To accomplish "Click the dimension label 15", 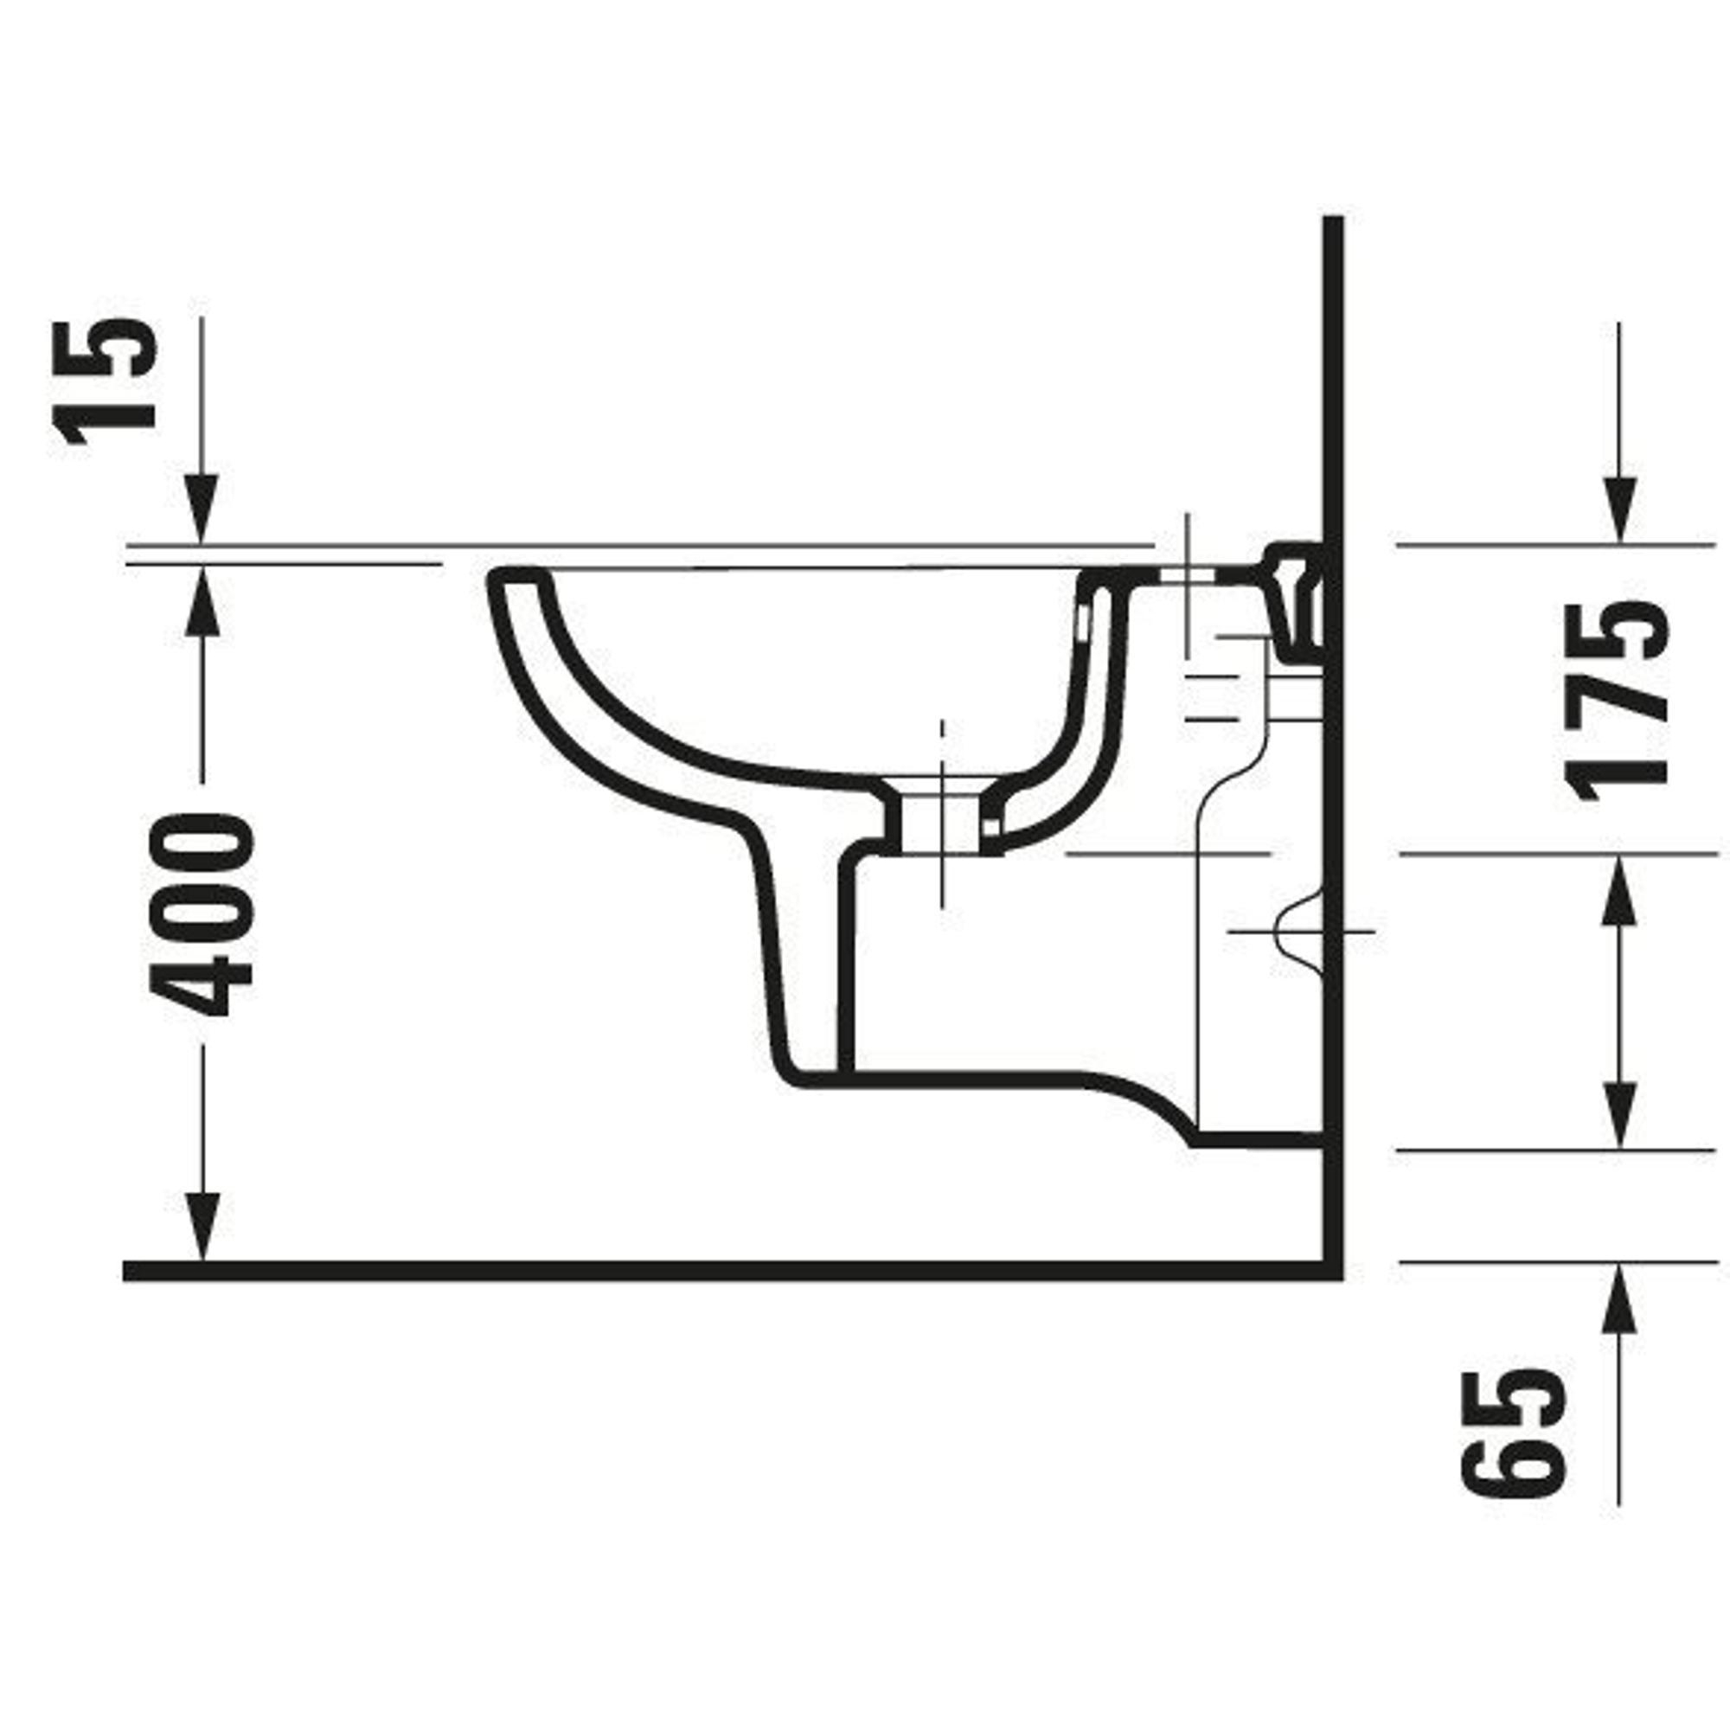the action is (x=105, y=381).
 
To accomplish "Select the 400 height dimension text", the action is (x=202, y=914).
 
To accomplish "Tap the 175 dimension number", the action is (x=1618, y=702).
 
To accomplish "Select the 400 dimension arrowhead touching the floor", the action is (x=202, y=1227).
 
